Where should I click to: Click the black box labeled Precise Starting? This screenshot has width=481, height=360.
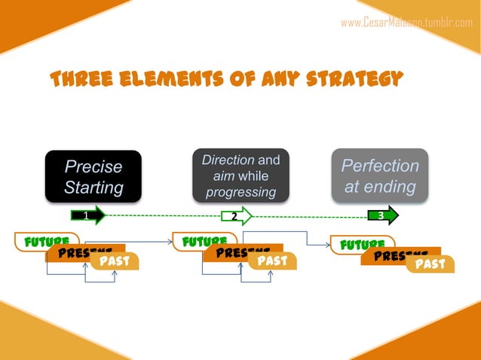point(93,176)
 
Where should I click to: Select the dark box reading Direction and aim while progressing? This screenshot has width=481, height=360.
point(240,175)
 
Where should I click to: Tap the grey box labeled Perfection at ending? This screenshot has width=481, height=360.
point(380,175)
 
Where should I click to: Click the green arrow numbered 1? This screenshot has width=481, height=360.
point(87,216)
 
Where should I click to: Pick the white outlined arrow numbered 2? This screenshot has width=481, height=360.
point(236,217)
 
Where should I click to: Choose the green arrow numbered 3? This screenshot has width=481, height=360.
point(382,217)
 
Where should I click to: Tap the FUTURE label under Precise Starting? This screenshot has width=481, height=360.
point(38,243)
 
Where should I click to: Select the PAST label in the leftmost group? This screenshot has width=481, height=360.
point(114,261)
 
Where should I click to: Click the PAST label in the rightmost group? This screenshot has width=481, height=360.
point(430,264)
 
